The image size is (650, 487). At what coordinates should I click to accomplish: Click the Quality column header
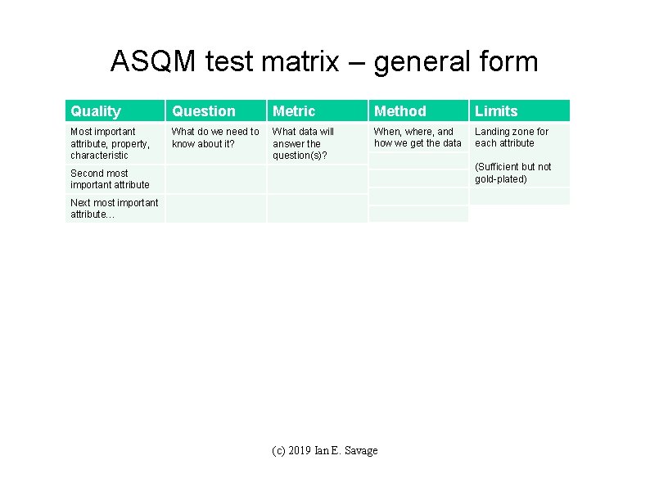[96, 111]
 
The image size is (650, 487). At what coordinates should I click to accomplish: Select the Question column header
[204, 111]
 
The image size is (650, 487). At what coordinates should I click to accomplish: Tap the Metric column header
[293, 111]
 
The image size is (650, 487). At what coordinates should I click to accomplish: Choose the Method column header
[400, 111]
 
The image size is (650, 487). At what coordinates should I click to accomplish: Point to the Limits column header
[496, 111]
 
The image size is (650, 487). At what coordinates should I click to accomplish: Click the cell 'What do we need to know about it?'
[215, 138]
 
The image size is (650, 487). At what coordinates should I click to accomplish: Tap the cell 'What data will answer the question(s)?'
[303, 143]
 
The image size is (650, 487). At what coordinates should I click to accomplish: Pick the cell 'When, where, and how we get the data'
[418, 138]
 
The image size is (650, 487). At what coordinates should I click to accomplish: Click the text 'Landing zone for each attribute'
[512, 138]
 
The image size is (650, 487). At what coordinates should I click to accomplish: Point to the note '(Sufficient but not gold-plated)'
[513, 173]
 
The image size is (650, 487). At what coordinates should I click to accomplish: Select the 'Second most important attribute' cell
[110, 179]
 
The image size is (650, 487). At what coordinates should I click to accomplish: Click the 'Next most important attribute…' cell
[114, 209]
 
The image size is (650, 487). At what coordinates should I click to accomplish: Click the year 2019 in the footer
[300, 451]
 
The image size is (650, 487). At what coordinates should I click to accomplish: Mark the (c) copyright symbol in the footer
[278, 451]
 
